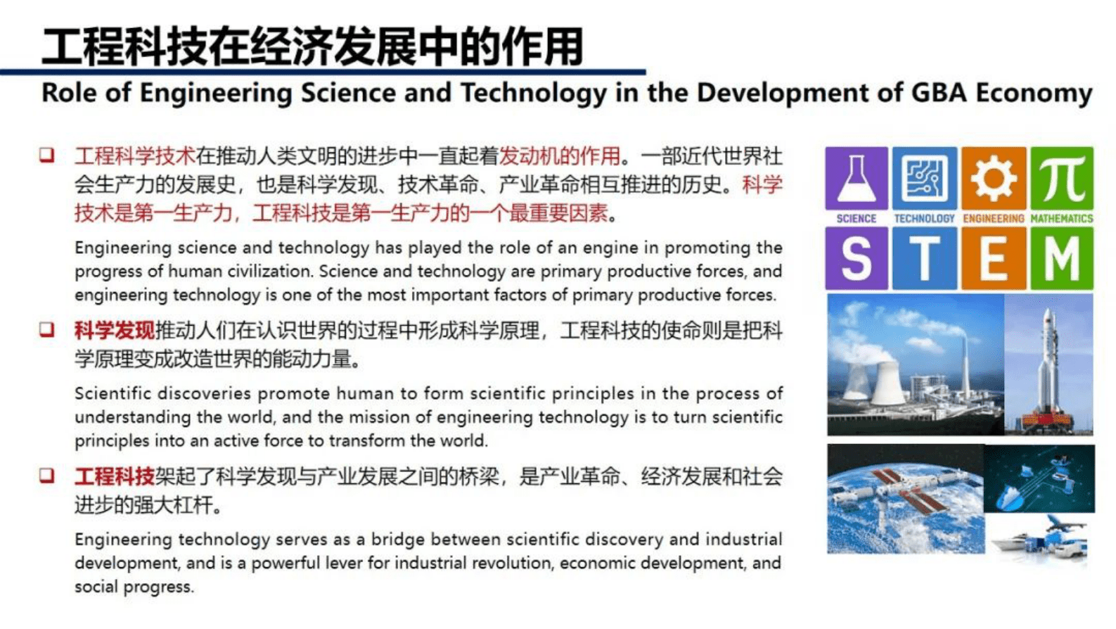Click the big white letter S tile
[856, 259]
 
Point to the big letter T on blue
[924, 259]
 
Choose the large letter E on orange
[992, 259]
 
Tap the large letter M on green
[1062, 259]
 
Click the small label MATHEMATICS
[1062, 219]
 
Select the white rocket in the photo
[1048, 366]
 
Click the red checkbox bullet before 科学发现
[47, 329]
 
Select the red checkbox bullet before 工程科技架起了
[47, 476]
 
